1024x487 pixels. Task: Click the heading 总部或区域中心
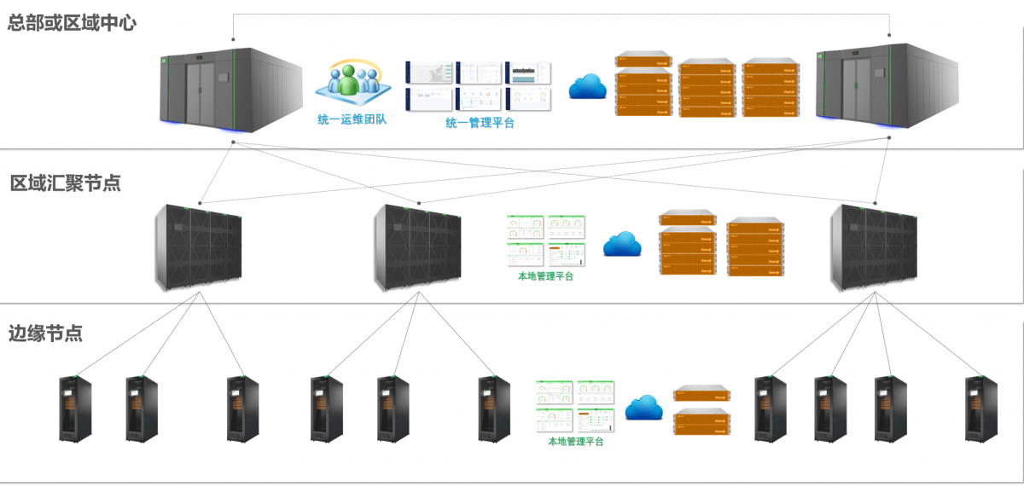pyautogui.click(x=72, y=23)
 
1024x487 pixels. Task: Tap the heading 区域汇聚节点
pyautogui.click(x=66, y=183)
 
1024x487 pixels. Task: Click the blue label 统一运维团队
pyautogui.click(x=352, y=120)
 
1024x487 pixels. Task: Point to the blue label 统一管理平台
pyautogui.click(x=480, y=123)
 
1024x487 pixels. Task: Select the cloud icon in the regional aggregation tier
pyautogui.click(x=621, y=244)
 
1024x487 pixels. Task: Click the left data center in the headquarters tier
pyautogui.click(x=231, y=90)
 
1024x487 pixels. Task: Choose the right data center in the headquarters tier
pyautogui.click(x=888, y=90)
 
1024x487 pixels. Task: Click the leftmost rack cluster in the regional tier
pyautogui.click(x=198, y=247)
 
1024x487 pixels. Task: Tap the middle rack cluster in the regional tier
pyautogui.click(x=417, y=247)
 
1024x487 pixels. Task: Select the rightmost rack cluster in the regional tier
pyautogui.click(x=874, y=247)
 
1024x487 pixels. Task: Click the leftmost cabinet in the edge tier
pyautogui.click(x=75, y=409)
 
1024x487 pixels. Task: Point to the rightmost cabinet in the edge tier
pyautogui.click(x=980, y=409)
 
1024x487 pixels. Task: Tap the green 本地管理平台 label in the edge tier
pyautogui.click(x=576, y=442)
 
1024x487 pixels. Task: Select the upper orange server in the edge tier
pyautogui.click(x=702, y=394)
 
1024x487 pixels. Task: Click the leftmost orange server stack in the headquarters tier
pyautogui.click(x=643, y=84)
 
